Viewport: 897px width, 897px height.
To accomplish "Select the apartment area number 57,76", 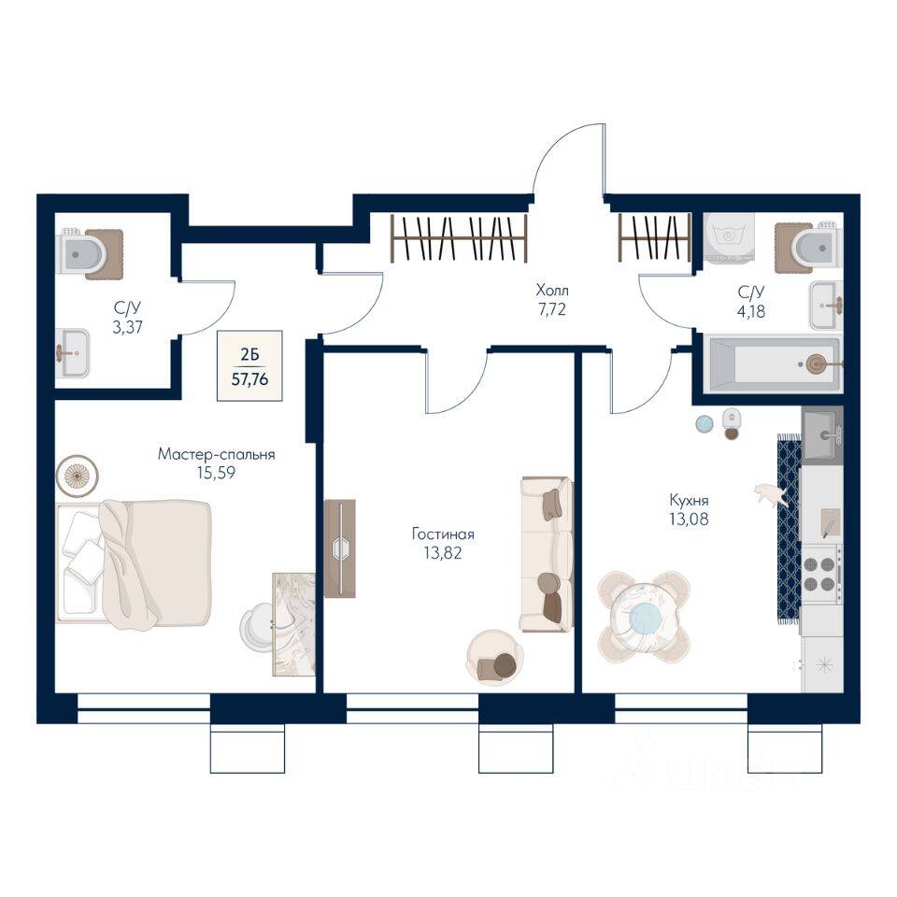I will (249, 381).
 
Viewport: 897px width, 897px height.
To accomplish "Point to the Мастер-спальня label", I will (216, 455).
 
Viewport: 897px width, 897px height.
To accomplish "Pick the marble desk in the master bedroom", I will (293, 623).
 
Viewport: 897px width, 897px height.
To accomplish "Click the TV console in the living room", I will (339, 548).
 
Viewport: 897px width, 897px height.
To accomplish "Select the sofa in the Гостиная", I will (547, 553).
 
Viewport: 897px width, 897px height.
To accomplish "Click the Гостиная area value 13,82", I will (443, 552).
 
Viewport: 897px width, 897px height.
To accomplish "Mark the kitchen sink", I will (822, 434).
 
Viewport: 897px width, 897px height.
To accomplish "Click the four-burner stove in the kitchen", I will (819, 574).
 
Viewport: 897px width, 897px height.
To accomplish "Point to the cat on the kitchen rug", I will (774, 494).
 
